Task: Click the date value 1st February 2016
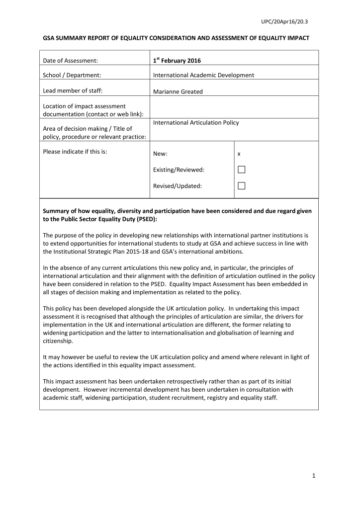(x=177, y=60)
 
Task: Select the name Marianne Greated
(x=178, y=91)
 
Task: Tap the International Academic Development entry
(x=203, y=75)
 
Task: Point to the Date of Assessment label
(x=70, y=61)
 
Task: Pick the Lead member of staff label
(x=73, y=90)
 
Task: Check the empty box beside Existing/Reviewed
(x=241, y=170)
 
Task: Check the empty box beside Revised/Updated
(x=241, y=186)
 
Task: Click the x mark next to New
(x=239, y=154)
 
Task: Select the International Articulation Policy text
(x=196, y=122)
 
